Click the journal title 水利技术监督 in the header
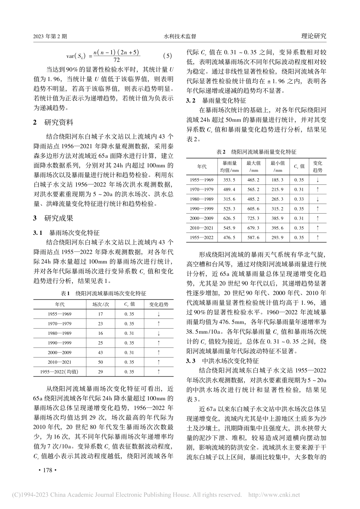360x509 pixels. [180, 37]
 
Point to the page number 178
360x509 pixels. [48, 470]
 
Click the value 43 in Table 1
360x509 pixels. [100, 353]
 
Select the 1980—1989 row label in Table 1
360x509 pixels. [59, 333]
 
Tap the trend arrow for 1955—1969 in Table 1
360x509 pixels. [158, 314]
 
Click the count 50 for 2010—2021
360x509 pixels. [100, 362]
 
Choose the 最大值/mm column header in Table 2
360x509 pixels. [253, 166]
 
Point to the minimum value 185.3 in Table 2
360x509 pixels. [277, 180]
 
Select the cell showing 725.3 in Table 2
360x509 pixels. [253, 218]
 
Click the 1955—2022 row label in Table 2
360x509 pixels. [202, 237]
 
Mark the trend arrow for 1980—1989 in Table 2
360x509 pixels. [318, 199]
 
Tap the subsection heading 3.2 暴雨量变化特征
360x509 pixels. [216, 101]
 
